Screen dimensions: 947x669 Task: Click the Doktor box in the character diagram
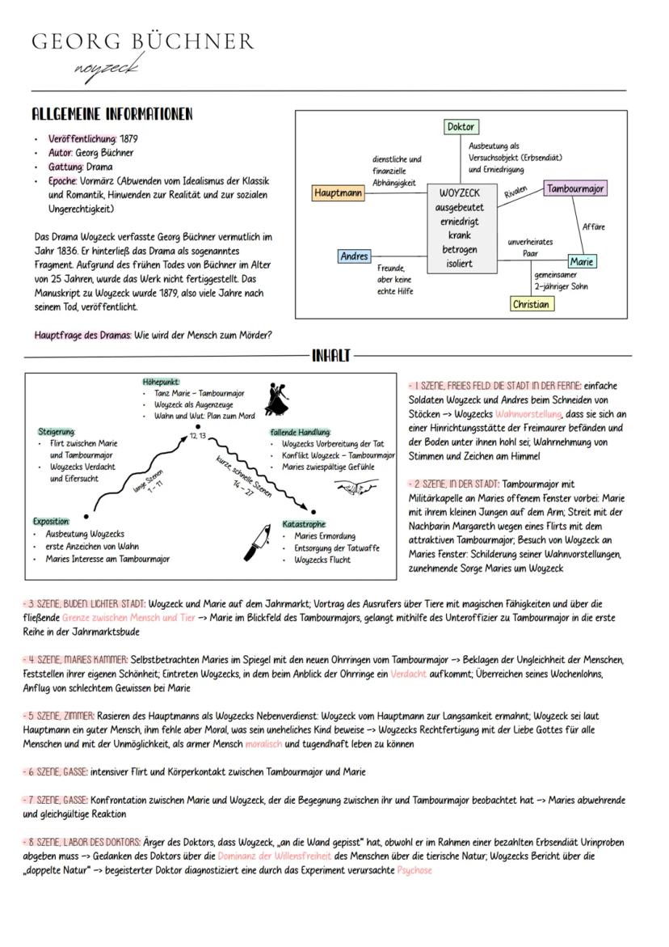461,127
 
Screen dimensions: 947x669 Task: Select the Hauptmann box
338,194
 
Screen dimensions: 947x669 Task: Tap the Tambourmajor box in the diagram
574,188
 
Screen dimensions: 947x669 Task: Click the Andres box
354,256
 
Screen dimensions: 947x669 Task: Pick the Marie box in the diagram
581,262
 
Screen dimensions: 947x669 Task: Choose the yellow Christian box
532,304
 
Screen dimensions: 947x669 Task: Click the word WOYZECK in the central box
459,194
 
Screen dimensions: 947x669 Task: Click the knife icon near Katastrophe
259,540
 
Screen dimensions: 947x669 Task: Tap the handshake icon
356,488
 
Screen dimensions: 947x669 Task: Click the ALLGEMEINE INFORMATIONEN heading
111,114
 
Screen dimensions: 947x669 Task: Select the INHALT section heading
331,355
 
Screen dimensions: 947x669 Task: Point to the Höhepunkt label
161,381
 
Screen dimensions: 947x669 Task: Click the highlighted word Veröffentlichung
82,138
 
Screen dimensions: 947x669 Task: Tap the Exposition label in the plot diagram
51,522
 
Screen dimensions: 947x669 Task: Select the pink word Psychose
414,870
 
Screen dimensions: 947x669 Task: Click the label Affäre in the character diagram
593,227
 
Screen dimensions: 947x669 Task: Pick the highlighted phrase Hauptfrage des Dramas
83,335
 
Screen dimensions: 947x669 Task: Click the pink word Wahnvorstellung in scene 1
528,413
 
